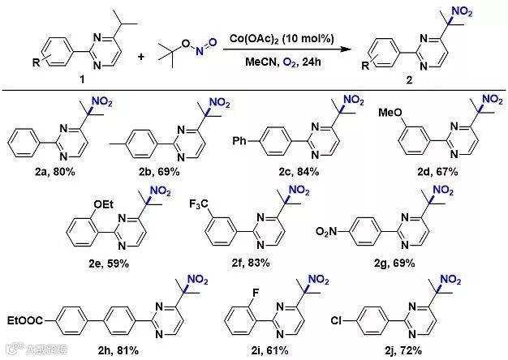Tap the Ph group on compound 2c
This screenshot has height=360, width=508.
[x=262, y=129]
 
